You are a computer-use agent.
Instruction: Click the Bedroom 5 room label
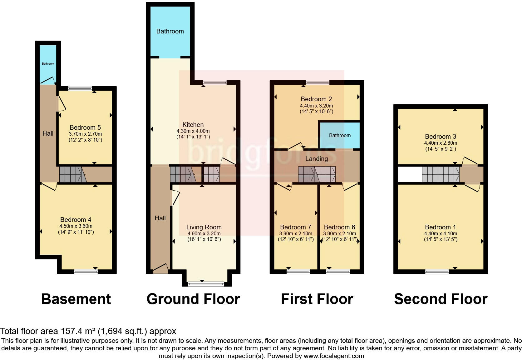coord(85,127)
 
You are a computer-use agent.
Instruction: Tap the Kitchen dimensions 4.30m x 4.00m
coord(193,131)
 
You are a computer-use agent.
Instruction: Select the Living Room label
coord(204,227)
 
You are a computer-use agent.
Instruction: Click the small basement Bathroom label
coord(48,64)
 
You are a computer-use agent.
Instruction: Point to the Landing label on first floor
coord(316,159)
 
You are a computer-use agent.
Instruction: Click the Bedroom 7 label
coord(295,227)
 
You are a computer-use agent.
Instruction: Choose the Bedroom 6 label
coord(339,227)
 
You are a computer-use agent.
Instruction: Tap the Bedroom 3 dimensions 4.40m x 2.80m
coord(440,143)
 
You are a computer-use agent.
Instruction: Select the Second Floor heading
coord(441,299)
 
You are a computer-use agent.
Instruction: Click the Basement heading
coord(76,299)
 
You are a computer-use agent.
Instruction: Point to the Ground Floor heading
coord(193,299)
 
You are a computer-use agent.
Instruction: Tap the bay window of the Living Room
coord(206,284)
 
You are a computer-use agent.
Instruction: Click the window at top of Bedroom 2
coord(317,82)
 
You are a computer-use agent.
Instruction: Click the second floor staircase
coord(441,174)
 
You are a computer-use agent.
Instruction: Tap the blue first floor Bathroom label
coord(340,135)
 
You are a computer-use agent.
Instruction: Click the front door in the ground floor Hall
coord(160,268)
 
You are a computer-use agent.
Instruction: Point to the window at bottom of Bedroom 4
coord(86,272)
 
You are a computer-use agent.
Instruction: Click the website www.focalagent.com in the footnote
coord(334,356)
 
